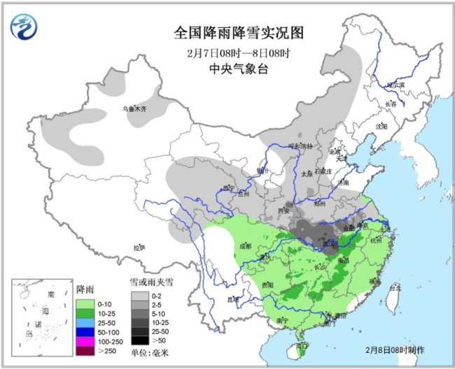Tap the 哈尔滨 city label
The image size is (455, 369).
[396, 85]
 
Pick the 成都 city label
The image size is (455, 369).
[244, 246]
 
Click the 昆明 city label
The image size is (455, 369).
[233, 300]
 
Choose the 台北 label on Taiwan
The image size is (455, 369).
[395, 287]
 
